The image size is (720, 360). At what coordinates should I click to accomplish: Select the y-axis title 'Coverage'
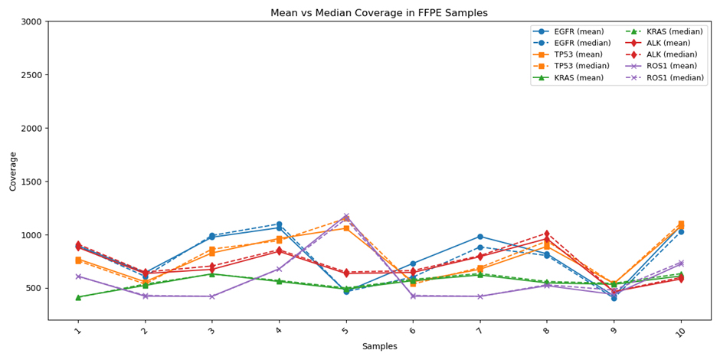pyautogui.click(x=13, y=171)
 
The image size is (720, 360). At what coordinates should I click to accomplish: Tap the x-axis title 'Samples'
pyautogui.click(x=379, y=346)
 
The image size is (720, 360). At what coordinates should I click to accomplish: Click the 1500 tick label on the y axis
pyautogui.click(x=31, y=182)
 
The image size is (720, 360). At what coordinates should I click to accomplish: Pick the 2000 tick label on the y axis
pyautogui.click(x=31, y=128)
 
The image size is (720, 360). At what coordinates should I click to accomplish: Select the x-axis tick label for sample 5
pyautogui.click(x=345, y=330)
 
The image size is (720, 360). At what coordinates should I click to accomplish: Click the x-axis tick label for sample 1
pyautogui.click(x=78, y=330)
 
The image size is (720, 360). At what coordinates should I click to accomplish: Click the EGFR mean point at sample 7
pyautogui.click(x=479, y=237)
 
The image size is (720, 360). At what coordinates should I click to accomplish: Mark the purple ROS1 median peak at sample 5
pyautogui.click(x=346, y=216)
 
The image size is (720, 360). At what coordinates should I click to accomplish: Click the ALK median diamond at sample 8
pyautogui.click(x=547, y=234)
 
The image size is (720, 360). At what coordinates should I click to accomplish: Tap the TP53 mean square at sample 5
pyautogui.click(x=346, y=228)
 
